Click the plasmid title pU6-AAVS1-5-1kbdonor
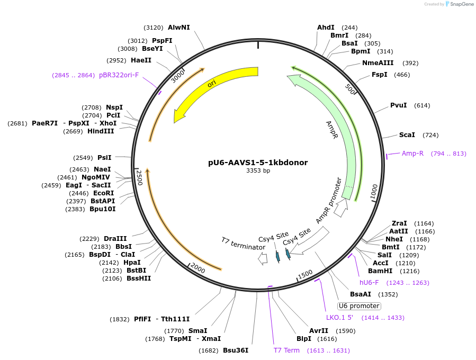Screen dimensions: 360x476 click(258, 163)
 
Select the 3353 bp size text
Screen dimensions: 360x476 click(258, 171)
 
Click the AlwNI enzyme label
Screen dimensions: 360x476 click(178, 28)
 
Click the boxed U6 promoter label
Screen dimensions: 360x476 click(359, 306)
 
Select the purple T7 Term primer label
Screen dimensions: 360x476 click(286, 350)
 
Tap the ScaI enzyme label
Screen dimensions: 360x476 click(407, 135)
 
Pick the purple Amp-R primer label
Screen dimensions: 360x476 click(412, 154)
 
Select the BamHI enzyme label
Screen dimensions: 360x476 click(394, 271)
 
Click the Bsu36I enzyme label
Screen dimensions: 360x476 click(236, 350)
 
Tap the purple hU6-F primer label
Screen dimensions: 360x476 click(369, 283)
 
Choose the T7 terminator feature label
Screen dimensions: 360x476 click(243, 244)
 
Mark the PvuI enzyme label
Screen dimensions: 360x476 click(398, 105)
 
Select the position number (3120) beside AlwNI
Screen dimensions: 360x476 click(154, 28)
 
